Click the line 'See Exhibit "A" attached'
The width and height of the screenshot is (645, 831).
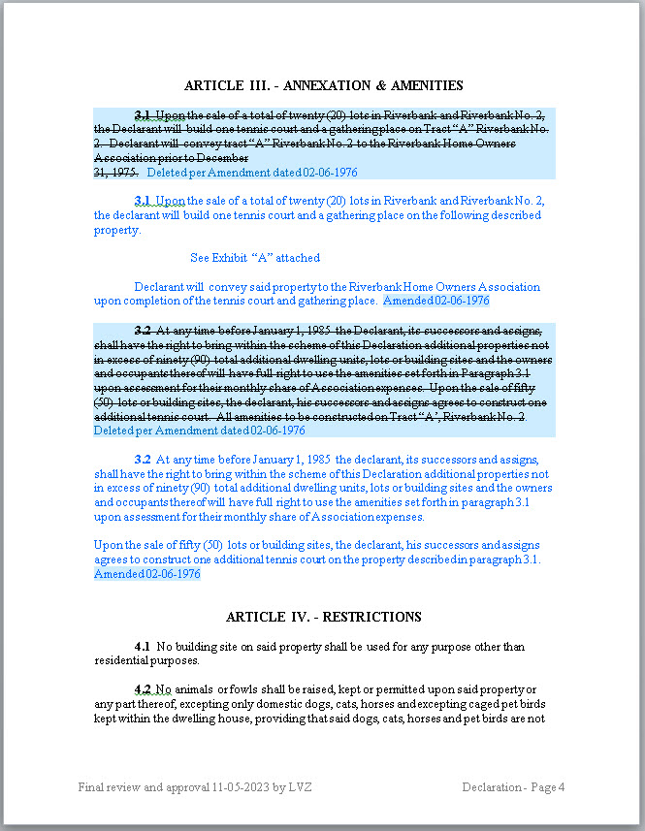255,258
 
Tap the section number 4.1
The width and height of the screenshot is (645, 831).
143,647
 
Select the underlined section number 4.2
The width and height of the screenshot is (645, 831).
143,688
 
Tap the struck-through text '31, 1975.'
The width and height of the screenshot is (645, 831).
115,172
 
